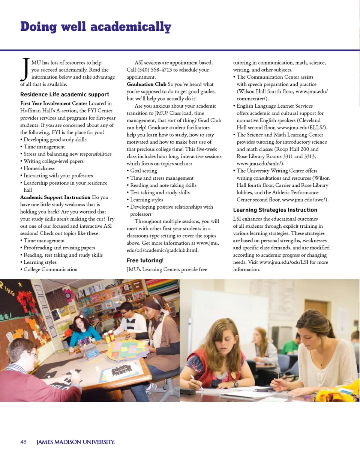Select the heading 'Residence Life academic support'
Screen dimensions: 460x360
(64, 95)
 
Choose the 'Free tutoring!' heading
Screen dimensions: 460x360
(145, 260)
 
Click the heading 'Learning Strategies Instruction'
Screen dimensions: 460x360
(275, 210)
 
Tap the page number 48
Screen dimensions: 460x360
(23, 442)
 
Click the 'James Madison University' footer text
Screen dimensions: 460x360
(75, 442)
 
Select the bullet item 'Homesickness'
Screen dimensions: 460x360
(39, 168)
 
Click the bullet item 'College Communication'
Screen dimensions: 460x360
(51, 269)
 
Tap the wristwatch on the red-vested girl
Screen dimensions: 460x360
(235, 383)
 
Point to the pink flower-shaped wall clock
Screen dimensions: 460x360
(69, 295)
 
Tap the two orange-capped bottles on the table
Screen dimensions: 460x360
(109, 337)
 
